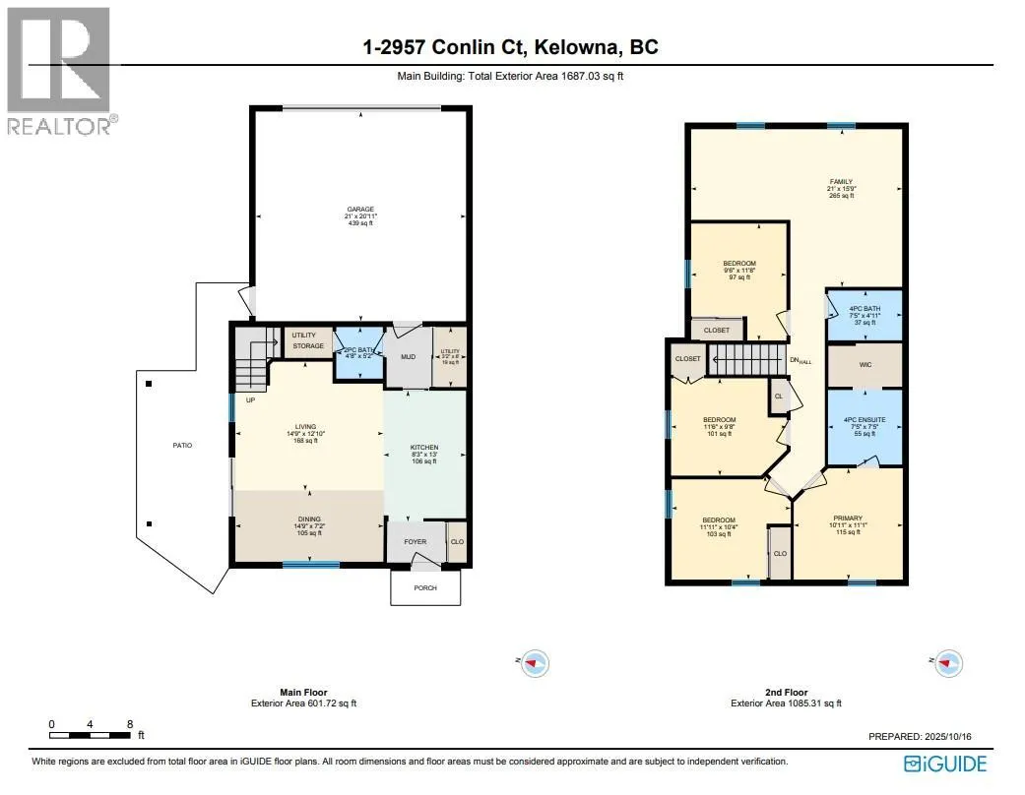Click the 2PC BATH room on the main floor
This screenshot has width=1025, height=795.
[x=358, y=351]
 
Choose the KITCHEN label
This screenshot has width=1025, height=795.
[x=423, y=449]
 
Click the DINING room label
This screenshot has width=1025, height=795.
[x=310, y=520]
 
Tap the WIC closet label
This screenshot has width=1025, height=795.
[x=865, y=364]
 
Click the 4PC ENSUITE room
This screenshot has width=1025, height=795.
[x=864, y=420]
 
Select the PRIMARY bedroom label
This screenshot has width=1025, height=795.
[x=848, y=519]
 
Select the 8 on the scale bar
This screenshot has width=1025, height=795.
[x=130, y=724]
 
